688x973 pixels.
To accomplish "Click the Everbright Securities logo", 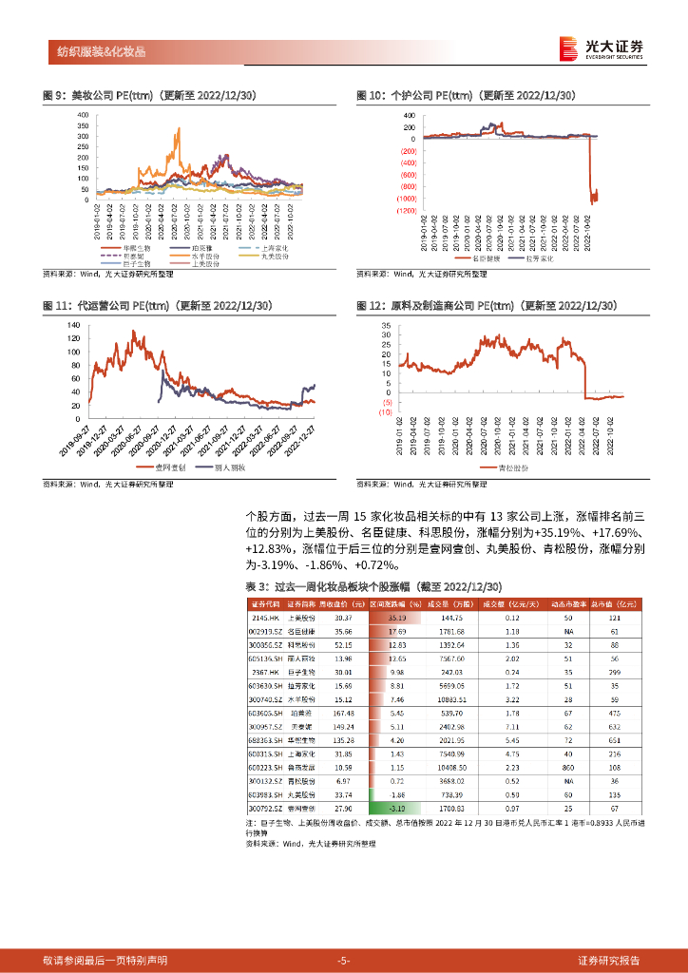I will click(x=601, y=48).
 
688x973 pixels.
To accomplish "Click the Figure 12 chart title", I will click(x=487, y=305).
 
